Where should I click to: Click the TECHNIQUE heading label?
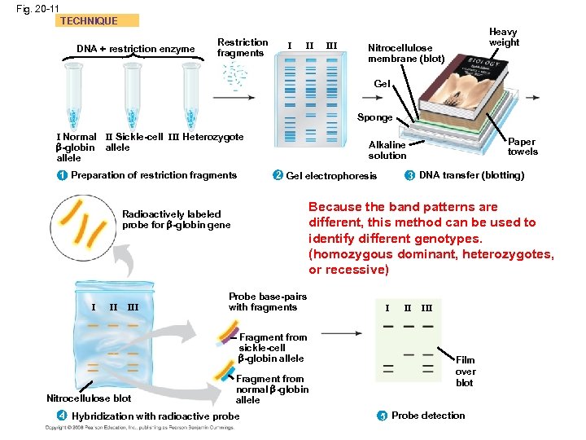[x=89, y=21]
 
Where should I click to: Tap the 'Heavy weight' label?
[x=504, y=37]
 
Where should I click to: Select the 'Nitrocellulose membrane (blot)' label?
[x=406, y=53]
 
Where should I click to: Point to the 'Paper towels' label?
[x=523, y=147]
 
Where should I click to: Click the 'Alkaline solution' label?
[x=387, y=150]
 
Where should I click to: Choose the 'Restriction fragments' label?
[x=242, y=47]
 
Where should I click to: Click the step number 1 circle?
[x=62, y=175]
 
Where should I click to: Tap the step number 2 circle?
[x=277, y=176]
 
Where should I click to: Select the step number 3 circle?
[x=409, y=176]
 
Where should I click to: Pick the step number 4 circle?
[x=62, y=416]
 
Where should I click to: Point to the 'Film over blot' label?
[x=465, y=372]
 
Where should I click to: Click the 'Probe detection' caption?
[x=428, y=416]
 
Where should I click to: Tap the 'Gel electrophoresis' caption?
[x=331, y=176]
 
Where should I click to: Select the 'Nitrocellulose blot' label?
[x=89, y=398]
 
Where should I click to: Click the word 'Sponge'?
[x=375, y=117]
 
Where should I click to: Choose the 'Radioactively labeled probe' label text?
[x=176, y=219]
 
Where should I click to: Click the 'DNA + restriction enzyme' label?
[x=135, y=49]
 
